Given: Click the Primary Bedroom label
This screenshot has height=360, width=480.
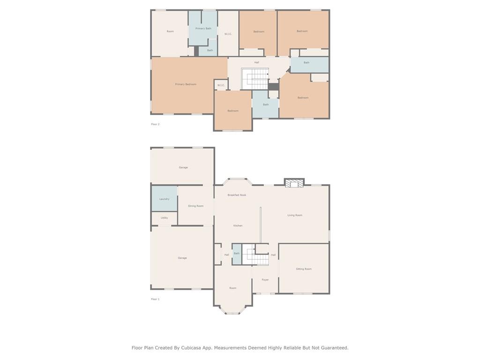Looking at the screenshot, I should coord(186,84).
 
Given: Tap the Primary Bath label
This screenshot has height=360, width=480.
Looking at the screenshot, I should coord(203,29).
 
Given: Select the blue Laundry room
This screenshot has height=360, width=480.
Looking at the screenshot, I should coord(164,199).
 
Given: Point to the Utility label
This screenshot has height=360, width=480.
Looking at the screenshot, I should coord(164,218).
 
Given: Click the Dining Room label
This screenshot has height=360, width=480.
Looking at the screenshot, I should coord(195,206).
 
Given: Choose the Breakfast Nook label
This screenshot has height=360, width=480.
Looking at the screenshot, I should coord(237,195).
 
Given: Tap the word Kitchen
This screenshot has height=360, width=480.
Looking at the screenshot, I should coord(238,225).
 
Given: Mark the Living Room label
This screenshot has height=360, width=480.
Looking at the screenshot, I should coord(295,215).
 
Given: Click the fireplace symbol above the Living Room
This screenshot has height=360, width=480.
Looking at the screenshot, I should coord(294,183).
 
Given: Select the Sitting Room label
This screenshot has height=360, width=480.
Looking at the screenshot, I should coord(304,269).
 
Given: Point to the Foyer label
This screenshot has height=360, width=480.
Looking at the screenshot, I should coord(265,280).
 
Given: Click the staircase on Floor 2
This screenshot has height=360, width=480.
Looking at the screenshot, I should coord(255,79).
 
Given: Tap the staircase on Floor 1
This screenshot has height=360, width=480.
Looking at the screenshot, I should coord(257,256).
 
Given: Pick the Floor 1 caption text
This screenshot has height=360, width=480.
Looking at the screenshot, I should coord(155,299).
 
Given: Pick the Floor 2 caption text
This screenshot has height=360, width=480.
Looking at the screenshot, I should coord(155,124).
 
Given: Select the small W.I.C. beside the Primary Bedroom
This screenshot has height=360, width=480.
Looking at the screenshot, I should coord(221,85).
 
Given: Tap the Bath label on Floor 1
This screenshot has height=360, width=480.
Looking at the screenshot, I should coord(237,254).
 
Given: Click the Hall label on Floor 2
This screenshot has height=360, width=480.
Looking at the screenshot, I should coord(256,62).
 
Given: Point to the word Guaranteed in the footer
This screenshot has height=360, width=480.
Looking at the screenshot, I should coord(333,348).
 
